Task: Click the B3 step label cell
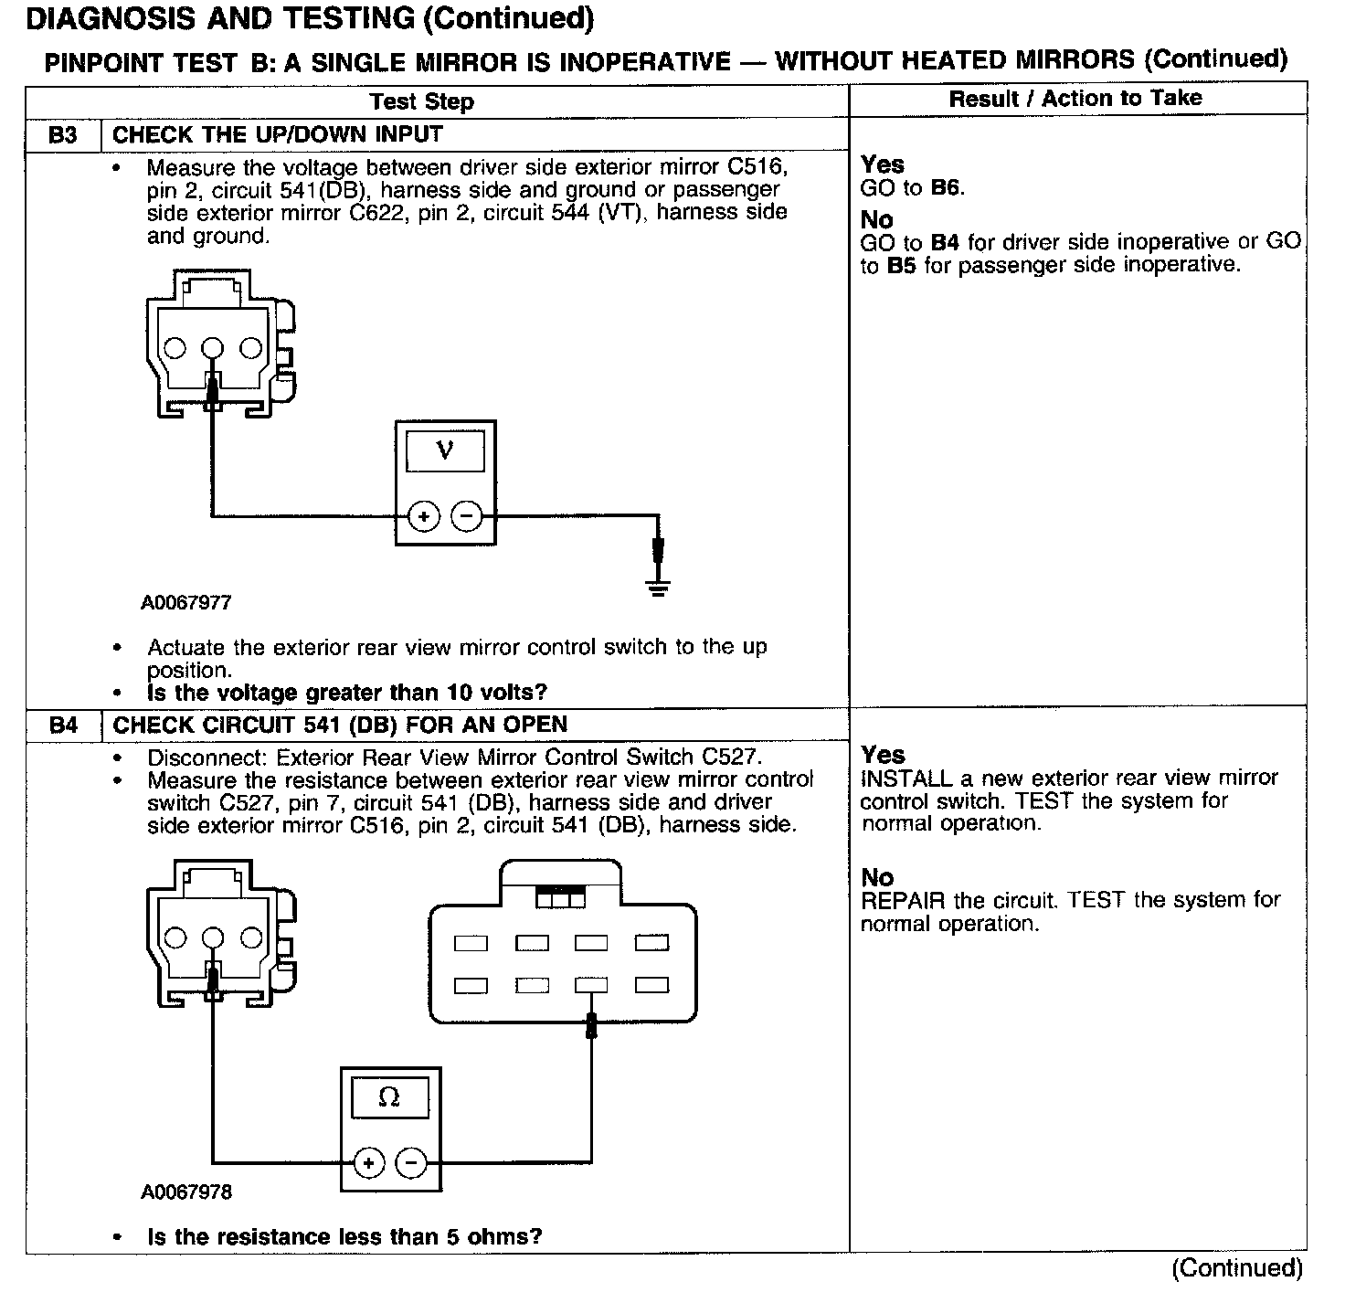click(x=62, y=135)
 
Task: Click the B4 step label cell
click(x=62, y=726)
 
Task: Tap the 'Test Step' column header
click(x=421, y=101)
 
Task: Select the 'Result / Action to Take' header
click(x=1075, y=99)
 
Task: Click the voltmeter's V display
click(x=445, y=450)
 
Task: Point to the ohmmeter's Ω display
click(x=389, y=1096)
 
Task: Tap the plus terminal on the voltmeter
click(x=423, y=517)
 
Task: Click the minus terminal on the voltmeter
click(x=467, y=517)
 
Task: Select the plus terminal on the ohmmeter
click(x=368, y=1163)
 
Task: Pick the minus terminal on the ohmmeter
click(x=411, y=1163)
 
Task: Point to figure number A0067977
click(x=186, y=603)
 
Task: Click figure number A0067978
click(x=186, y=1192)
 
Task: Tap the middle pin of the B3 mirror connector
click(x=212, y=347)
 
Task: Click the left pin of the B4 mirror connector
click(x=175, y=938)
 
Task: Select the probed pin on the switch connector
click(x=591, y=985)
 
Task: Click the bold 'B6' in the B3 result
click(x=946, y=188)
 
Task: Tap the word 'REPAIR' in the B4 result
click(x=903, y=900)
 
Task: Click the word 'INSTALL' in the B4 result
click(x=906, y=779)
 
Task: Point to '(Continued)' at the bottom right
click(x=1237, y=1268)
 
